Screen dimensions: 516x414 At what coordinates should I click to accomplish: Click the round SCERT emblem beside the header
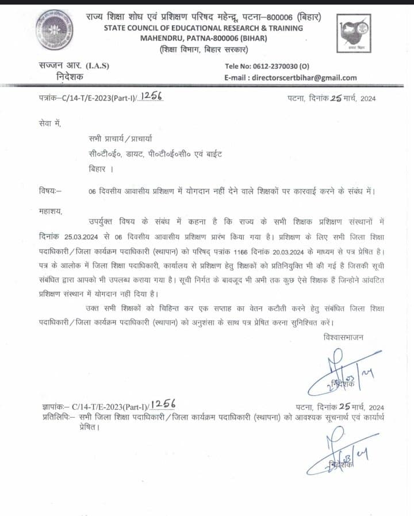coord(53,29)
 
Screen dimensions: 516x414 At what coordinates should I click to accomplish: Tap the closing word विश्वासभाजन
coord(343,337)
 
